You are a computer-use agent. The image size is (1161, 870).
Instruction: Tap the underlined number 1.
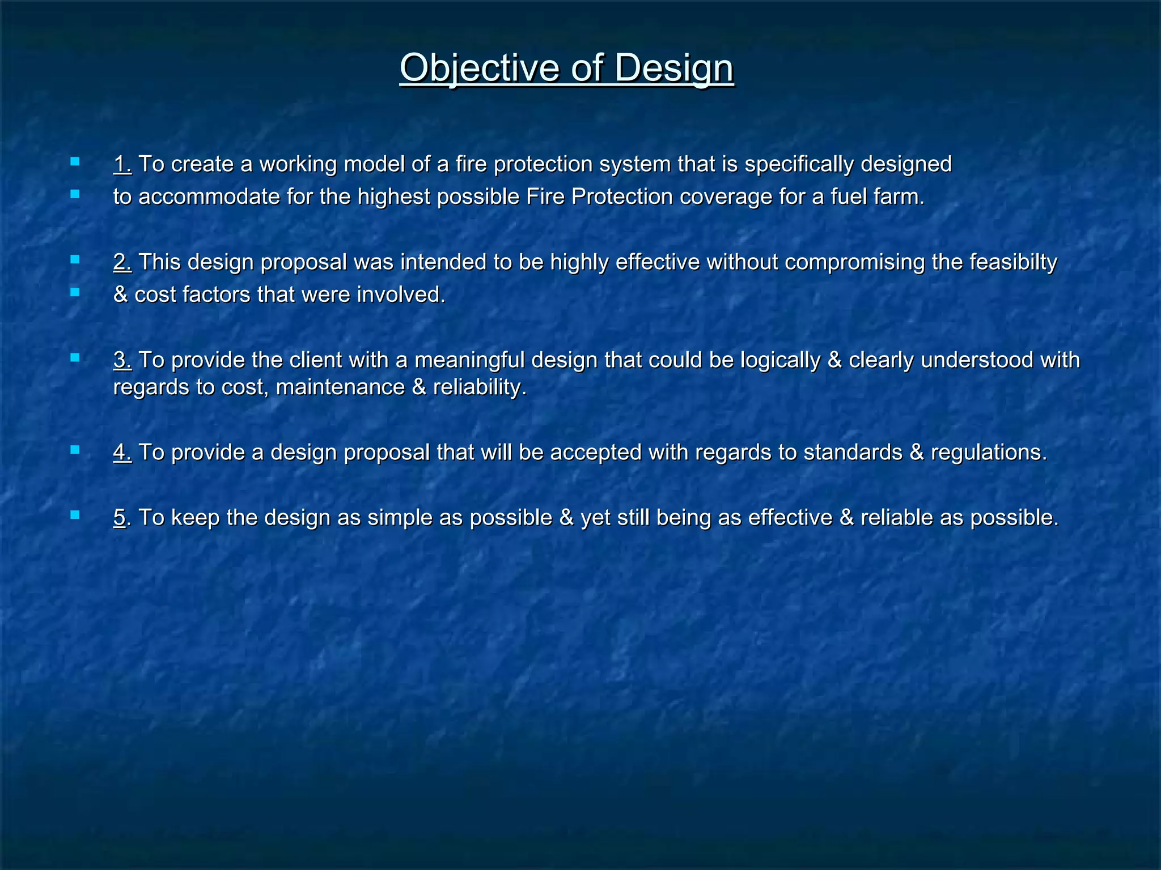[122, 164]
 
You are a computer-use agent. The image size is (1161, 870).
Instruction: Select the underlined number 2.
[122, 262]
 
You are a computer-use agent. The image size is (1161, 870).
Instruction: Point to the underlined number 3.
[122, 360]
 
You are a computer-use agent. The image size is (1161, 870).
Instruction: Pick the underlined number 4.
[122, 453]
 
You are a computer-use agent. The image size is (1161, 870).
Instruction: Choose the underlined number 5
[120, 518]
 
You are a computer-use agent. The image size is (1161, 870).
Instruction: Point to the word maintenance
[340, 387]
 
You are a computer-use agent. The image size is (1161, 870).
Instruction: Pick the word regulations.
[989, 453]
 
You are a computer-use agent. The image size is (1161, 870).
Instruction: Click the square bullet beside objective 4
[75, 450]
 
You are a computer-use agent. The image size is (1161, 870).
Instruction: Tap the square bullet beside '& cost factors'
[75, 292]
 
